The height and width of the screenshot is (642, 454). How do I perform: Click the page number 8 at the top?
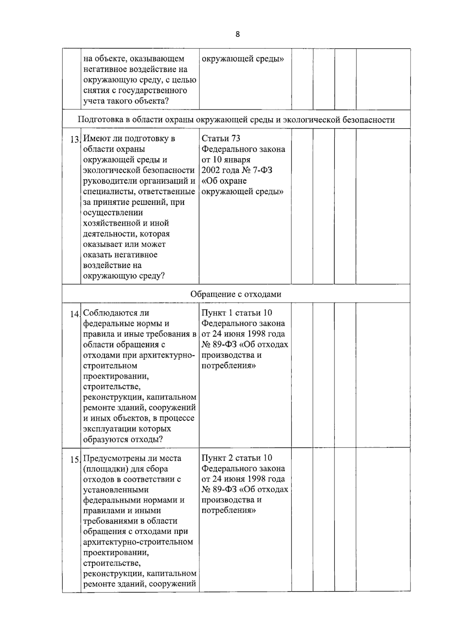tap(238, 34)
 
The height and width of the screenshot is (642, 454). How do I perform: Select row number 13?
tap(75, 139)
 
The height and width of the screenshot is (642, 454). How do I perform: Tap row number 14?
tap(75, 314)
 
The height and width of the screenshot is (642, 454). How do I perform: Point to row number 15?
tap(75, 460)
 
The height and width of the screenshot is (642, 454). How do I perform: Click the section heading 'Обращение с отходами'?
tap(236, 294)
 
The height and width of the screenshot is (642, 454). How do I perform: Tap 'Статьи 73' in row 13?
tap(221, 138)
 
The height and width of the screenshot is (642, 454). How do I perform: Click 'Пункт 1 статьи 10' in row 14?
tap(236, 313)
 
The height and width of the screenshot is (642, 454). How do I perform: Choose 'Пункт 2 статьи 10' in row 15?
tap(236, 458)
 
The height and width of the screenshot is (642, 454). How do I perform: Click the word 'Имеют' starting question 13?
tap(95, 138)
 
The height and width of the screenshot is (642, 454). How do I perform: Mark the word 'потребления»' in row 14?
tap(229, 366)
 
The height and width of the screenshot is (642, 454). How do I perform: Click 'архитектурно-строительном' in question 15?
tap(138, 542)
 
